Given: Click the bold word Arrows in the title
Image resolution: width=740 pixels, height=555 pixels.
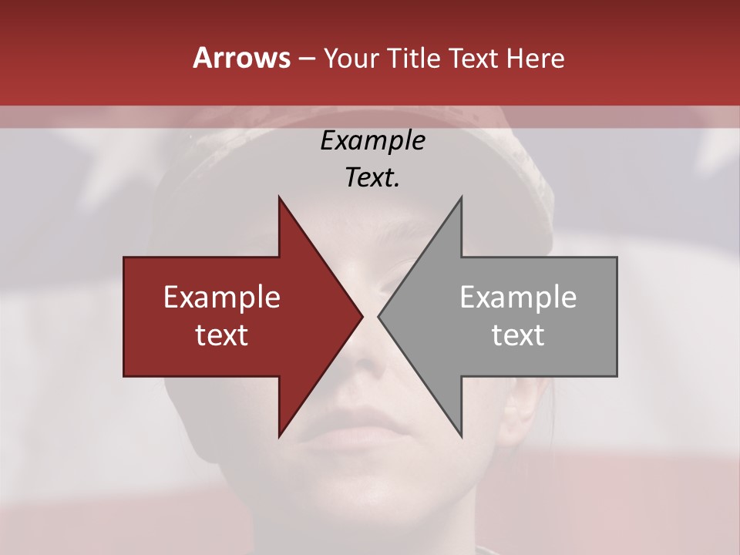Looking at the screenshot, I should tap(242, 58).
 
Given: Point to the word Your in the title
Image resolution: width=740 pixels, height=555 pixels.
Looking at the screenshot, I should tap(349, 58).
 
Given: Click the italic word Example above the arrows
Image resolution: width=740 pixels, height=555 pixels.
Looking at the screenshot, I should tap(372, 140).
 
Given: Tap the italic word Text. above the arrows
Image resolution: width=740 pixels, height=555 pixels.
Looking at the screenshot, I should tap(372, 177).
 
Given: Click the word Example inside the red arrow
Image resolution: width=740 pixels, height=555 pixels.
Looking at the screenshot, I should tap(221, 297).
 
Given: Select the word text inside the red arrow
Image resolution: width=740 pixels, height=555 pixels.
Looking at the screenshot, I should tap(221, 335).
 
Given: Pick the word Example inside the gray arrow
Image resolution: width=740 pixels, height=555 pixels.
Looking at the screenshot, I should tap(518, 297).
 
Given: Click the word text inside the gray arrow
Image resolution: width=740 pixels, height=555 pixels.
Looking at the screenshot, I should tap(518, 335).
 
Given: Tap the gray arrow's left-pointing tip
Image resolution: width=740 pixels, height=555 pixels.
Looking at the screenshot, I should tap(379, 316).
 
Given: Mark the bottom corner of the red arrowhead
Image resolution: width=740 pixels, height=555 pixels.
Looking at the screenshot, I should tap(279, 436).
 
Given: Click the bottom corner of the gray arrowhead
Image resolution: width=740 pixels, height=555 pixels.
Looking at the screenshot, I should tap(461, 436).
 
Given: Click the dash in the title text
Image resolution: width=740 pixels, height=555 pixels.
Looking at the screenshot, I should tap(307, 59).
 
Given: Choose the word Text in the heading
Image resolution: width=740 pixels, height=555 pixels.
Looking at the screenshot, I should tap(476, 58).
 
